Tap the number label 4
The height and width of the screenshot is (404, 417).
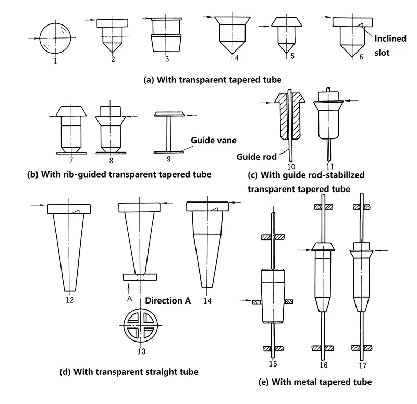[x=237, y=58]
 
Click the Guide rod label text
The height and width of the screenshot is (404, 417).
[x=252, y=156]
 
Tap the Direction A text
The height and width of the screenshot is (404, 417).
[x=168, y=300]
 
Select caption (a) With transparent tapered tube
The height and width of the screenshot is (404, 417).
[x=213, y=80]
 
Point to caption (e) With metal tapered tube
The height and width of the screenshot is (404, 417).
[x=315, y=382]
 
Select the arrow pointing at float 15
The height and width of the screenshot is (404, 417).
[x=246, y=300]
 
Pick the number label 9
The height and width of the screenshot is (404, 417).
[x=168, y=158]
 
